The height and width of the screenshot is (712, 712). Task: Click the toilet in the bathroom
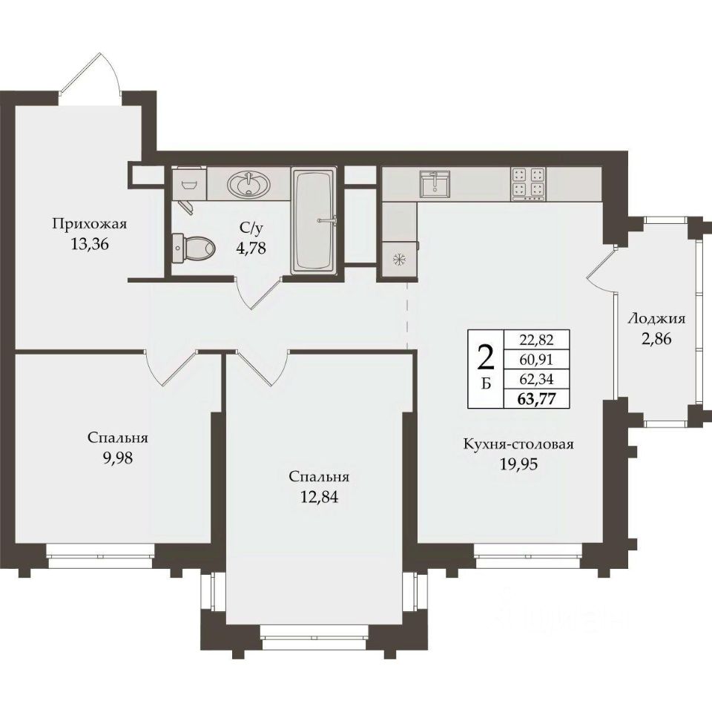(x=194, y=248)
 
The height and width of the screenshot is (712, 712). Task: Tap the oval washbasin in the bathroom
(x=249, y=185)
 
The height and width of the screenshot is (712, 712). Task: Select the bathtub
(x=314, y=221)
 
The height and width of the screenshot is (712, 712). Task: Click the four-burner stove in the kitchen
(x=529, y=185)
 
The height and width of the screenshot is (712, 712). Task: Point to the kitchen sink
(x=435, y=185)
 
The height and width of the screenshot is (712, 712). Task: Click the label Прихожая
(x=89, y=224)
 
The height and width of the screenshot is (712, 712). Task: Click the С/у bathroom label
(x=251, y=228)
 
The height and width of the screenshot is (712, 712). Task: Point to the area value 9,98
(x=118, y=458)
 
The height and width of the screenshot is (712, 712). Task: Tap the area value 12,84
(x=319, y=497)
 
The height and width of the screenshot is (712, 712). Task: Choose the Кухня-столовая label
(x=518, y=444)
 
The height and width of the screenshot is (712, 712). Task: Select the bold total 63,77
(x=537, y=399)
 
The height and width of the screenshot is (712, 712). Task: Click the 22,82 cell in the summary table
(x=537, y=339)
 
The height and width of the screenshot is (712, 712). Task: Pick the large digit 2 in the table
(x=486, y=357)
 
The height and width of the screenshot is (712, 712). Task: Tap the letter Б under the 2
(x=486, y=384)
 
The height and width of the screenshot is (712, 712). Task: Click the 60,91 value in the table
(x=537, y=360)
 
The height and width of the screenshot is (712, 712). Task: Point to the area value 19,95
(x=519, y=464)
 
